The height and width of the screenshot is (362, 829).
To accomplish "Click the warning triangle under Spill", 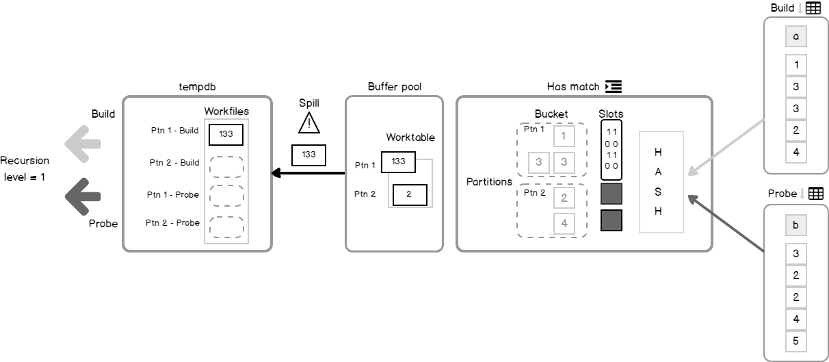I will pyautogui.click(x=309, y=123).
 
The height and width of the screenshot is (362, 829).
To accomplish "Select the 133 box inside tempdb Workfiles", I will pyautogui.click(x=226, y=135).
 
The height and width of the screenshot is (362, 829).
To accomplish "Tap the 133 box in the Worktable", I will pyautogui.click(x=399, y=161).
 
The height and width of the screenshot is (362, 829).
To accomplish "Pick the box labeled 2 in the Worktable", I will pyautogui.click(x=409, y=194).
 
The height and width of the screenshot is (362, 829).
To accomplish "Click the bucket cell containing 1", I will pyautogui.click(x=564, y=136).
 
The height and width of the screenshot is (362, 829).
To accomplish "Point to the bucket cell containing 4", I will pyautogui.click(x=564, y=223).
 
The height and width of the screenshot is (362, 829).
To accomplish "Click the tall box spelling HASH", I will pyautogui.click(x=661, y=181).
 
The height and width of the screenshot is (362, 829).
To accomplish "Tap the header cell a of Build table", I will pyautogui.click(x=795, y=36).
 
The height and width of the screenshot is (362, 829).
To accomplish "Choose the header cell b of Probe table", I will pyautogui.click(x=795, y=225).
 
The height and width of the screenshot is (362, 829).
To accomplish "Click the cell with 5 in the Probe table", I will pyautogui.click(x=795, y=341).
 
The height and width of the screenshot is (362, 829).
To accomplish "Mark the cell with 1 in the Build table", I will pyautogui.click(x=795, y=65).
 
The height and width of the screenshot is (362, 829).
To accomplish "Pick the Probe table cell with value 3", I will pyautogui.click(x=795, y=254).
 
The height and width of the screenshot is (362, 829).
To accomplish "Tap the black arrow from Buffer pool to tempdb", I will pyautogui.click(x=308, y=173).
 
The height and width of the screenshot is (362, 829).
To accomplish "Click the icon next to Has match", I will pyautogui.click(x=613, y=87).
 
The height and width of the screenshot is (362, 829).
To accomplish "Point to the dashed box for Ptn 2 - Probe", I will pyautogui.click(x=226, y=227).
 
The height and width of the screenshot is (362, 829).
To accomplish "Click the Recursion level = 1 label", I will pyautogui.click(x=25, y=168).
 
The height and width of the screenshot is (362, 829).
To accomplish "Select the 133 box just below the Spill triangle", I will pyautogui.click(x=308, y=155).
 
